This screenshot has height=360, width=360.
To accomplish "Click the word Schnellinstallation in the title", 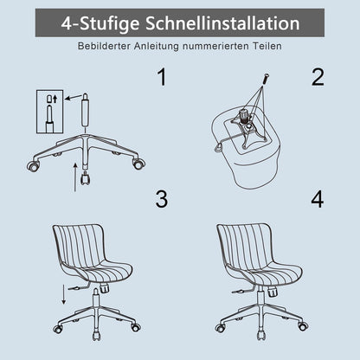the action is (x=222, y=23).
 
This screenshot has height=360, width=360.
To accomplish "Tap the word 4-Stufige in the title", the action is (x=100, y=23).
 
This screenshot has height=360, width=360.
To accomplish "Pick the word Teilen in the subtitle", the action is (x=267, y=46).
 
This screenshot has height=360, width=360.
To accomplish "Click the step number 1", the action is (x=162, y=77).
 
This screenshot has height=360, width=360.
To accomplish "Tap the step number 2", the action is (x=318, y=77).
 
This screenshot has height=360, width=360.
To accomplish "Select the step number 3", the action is (x=162, y=199).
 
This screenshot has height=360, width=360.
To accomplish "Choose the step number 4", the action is (x=318, y=199).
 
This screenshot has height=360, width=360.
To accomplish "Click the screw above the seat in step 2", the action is (x=266, y=80).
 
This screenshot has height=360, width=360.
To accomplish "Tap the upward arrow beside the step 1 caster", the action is (x=75, y=177).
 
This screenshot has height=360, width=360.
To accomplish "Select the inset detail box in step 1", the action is (x=49, y=112).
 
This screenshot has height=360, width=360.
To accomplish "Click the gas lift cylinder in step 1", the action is (x=85, y=110).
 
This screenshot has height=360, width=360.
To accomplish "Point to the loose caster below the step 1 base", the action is (x=86, y=178).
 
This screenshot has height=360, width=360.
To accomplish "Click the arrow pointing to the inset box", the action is (x=74, y=97).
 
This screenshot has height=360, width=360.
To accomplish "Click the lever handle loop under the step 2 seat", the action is (x=219, y=147).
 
